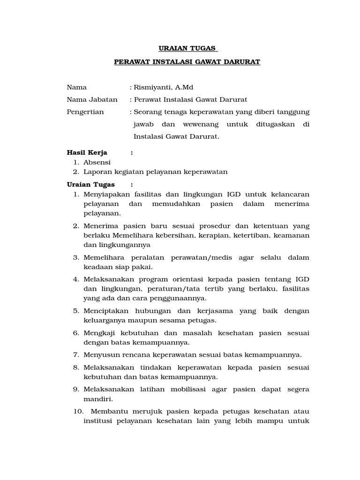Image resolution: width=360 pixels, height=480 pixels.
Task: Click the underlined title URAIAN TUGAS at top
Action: pos(186,48)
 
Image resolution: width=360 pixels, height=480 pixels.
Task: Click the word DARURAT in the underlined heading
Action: pos(240,62)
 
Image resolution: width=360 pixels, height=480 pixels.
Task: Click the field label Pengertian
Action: pos(85,112)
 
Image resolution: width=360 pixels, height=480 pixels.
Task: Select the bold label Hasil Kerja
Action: pos(87,152)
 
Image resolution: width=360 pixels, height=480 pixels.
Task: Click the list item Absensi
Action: pos(97,162)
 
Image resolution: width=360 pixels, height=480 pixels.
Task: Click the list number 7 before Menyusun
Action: pos(75,355)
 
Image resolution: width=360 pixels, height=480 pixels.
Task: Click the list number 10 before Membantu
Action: pos(77,412)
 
